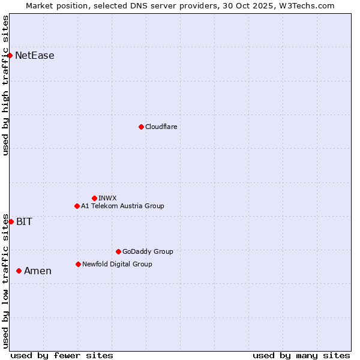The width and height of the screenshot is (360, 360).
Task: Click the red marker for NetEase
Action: pyautogui.click(x=10, y=56)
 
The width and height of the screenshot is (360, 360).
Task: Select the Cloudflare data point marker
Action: pyautogui.click(x=141, y=127)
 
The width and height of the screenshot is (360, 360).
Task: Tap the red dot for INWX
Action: pyautogui.click(x=94, y=198)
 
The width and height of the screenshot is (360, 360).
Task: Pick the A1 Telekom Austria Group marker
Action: pyautogui.click(x=77, y=206)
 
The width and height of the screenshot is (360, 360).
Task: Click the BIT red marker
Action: pyautogui.click(x=11, y=221)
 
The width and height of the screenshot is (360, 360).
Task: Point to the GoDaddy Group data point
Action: pyautogui.click(x=118, y=251)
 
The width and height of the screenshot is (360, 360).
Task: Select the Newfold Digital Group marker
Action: pyautogui.click(x=78, y=264)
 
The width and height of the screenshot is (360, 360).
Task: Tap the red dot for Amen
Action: pyautogui.click(x=19, y=271)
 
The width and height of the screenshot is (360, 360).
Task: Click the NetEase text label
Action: pyautogui.click(x=35, y=56)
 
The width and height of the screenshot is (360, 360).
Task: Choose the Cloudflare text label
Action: pyautogui.click(x=161, y=127)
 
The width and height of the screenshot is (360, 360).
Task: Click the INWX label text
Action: pyautogui.click(x=108, y=198)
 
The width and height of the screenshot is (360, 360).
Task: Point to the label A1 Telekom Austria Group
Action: pyautogui.click(x=122, y=206)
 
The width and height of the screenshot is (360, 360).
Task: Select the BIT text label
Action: pyautogui.click(x=24, y=221)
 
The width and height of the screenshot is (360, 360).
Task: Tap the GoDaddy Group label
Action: pyautogui.click(x=148, y=251)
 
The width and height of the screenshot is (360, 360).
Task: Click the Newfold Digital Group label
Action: pyautogui.click(x=117, y=264)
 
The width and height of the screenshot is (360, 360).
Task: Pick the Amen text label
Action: pyautogui.click(x=38, y=271)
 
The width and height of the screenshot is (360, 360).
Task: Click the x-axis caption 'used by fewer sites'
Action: pyautogui.click(x=62, y=355)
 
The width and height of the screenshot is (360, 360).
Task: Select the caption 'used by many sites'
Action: pyautogui.click(x=301, y=355)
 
